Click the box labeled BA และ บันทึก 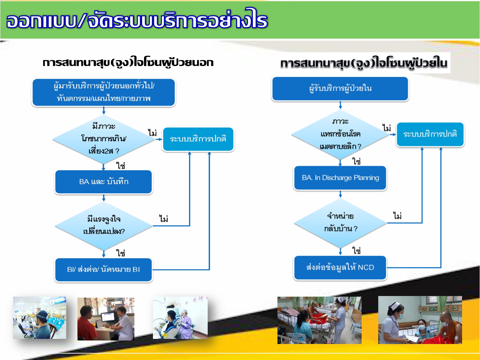pos(104,182)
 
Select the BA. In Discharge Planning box pos(340,178)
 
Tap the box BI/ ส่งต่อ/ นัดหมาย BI pos(104,270)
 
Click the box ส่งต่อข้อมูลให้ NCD pos(340,268)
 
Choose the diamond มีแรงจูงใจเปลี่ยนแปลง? pos(104,226)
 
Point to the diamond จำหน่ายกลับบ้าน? pos(340,223)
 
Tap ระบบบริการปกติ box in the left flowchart pos(198,139)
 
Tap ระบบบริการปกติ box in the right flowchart pos(430,134)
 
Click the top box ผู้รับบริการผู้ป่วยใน pos(340,89)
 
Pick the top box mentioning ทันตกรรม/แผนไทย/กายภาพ pos(104,92)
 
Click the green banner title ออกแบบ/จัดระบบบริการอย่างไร pos(137,20)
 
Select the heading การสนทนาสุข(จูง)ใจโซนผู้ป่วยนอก pos(128,62)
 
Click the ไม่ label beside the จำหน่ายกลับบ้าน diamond pos(397,216)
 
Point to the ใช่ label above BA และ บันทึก pos(121,165)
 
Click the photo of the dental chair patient pos(180,317)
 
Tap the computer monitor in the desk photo pos(108,317)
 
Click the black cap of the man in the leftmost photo pos(42,315)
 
